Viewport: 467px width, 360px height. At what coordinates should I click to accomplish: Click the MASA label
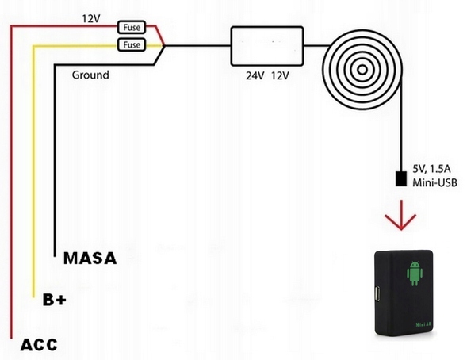89,258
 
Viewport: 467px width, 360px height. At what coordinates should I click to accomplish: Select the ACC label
38,345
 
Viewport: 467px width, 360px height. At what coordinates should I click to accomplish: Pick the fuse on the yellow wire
130,44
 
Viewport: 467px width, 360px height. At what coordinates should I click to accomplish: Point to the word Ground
90,75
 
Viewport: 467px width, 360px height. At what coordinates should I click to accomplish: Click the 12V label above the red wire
92,17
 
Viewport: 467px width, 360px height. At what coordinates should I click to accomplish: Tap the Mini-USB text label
435,182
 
